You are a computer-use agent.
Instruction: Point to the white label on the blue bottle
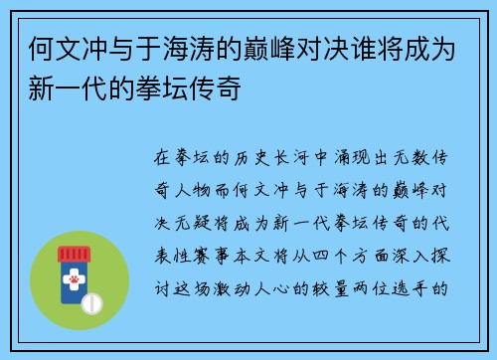[x=73, y=282]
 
